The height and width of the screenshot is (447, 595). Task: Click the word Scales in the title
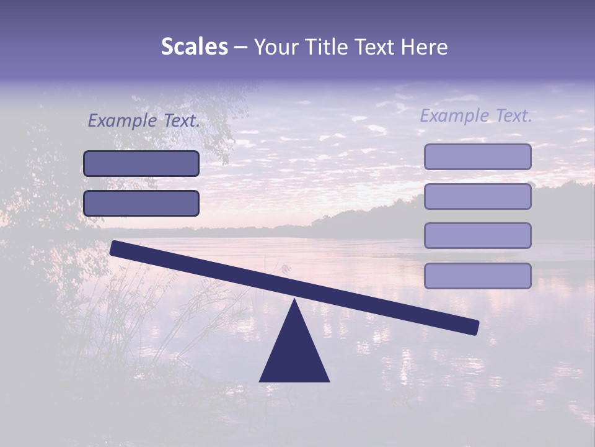click(x=194, y=47)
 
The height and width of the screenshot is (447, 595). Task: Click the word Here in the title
click(x=425, y=47)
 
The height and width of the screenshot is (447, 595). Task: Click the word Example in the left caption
click(x=123, y=121)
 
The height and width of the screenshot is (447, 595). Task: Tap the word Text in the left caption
click(x=181, y=121)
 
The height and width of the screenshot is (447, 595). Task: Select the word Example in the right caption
click(x=455, y=115)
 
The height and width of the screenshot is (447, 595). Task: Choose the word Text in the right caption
click(x=513, y=115)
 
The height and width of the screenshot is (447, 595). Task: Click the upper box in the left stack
click(x=141, y=164)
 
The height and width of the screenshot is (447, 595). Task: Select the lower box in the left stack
click(x=141, y=203)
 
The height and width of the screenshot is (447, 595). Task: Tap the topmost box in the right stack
click(x=477, y=157)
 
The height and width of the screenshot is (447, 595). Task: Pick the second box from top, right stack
click(x=477, y=196)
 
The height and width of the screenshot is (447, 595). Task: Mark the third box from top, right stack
click(x=477, y=236)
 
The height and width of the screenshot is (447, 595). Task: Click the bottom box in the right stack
click(x=477, y=276)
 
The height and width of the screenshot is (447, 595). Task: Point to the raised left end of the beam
click(x=117, y=248)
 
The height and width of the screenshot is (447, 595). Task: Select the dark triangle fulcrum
click(x=294, y=354)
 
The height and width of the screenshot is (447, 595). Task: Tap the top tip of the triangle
click(x=294, y=301)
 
